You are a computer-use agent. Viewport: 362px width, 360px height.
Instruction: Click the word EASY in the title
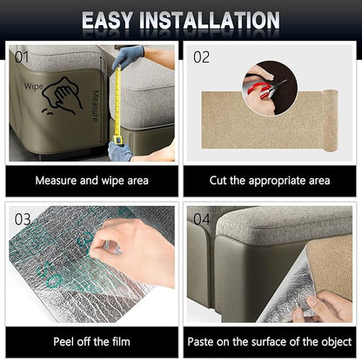coord(107,20)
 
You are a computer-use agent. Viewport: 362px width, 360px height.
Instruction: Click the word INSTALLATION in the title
coord(210,20)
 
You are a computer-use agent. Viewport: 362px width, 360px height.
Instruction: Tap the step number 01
coord(22,57)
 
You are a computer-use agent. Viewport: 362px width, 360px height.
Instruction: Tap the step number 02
coord(201,57)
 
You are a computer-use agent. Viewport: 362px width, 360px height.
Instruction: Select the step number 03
coord(23,219)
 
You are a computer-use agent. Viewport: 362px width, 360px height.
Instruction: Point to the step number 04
coord(202,219)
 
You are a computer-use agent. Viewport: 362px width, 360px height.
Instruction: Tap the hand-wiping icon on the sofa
coord(63,96)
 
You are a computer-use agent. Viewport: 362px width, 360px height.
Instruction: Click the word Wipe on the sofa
coord(34,86)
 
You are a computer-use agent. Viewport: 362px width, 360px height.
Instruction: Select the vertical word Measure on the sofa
coord(95,106)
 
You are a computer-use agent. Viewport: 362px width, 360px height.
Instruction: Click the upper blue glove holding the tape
coord(128,56)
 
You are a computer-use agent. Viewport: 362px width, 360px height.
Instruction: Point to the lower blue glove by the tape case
coord(119,151)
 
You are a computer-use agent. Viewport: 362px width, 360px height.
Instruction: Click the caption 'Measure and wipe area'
coord(92,181)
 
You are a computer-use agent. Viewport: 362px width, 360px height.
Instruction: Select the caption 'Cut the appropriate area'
coord(270,181)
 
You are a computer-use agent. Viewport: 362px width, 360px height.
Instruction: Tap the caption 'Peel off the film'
coord(92,342)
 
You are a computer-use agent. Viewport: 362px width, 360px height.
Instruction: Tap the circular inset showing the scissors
coord(270,88)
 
